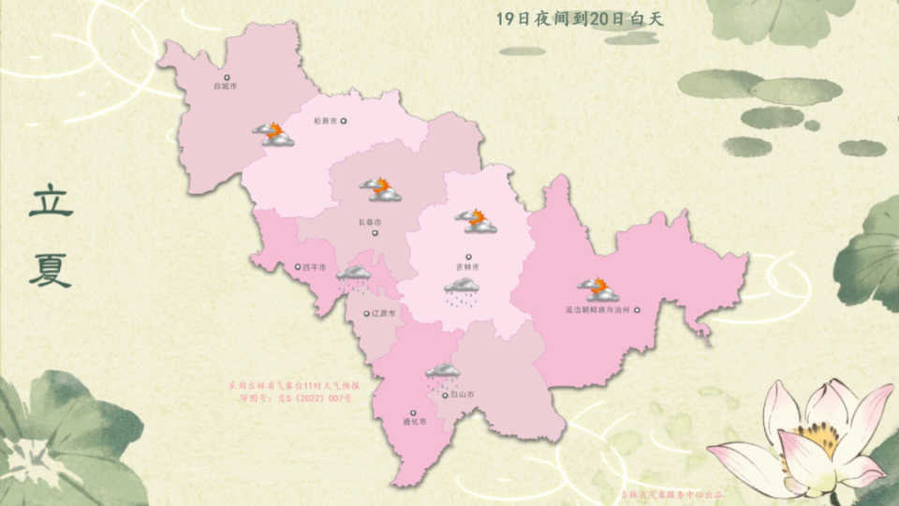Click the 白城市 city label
pos(225,86)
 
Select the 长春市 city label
pos(369,222)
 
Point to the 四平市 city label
pos(314,267)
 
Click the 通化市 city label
pos(412,423)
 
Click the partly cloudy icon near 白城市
pos(273,134)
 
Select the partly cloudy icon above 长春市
pos(380,189)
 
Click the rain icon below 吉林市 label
pos(461,293)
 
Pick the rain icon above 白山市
pos(442,377)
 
